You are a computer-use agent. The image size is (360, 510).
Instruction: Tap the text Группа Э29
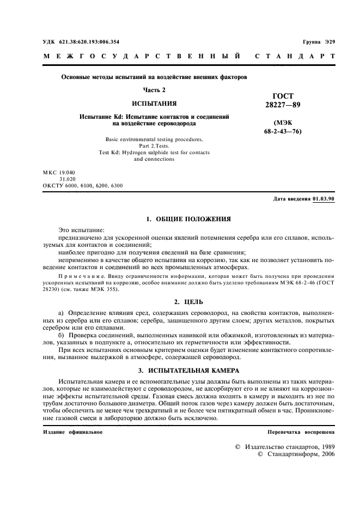tap(319, 42)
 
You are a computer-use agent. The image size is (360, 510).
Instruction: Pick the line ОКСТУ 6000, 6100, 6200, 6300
tap(83, 185)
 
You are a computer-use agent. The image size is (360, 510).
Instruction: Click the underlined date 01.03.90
tap(324, 199)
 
